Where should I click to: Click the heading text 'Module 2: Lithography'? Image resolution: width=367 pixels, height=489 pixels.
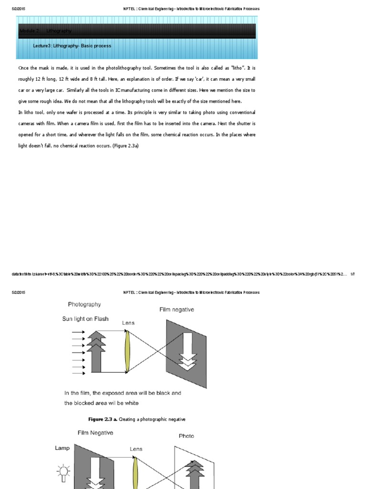coord(45,31)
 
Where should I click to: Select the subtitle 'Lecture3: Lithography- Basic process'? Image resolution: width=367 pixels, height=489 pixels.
coord(72,46)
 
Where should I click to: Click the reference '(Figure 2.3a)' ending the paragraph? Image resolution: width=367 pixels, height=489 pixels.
coord(125,146)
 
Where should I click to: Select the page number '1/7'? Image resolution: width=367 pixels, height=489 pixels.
coord(352,274)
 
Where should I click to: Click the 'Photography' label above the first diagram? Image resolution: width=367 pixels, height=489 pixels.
coord(84,304)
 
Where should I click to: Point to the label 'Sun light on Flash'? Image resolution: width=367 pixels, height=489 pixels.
coord(85,319)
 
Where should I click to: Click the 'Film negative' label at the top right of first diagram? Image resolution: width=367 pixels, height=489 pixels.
coord(176,310)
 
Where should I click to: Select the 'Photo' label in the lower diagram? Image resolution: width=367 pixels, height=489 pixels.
coord(186,436)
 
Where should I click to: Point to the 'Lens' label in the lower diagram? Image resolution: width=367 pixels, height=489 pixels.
coord(136,449)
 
